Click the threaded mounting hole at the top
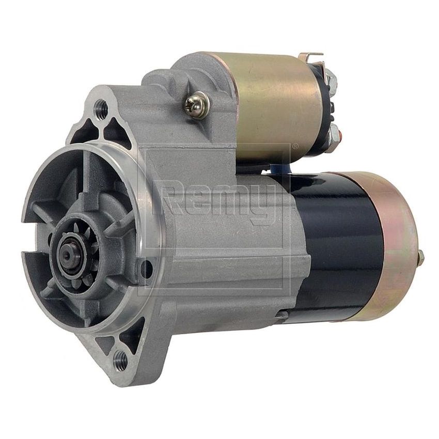pos(101,109)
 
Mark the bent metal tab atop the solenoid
pos(311,56)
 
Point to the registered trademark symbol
pos(295,146)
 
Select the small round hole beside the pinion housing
pos(147,269)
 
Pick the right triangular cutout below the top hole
pos(117,132)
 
